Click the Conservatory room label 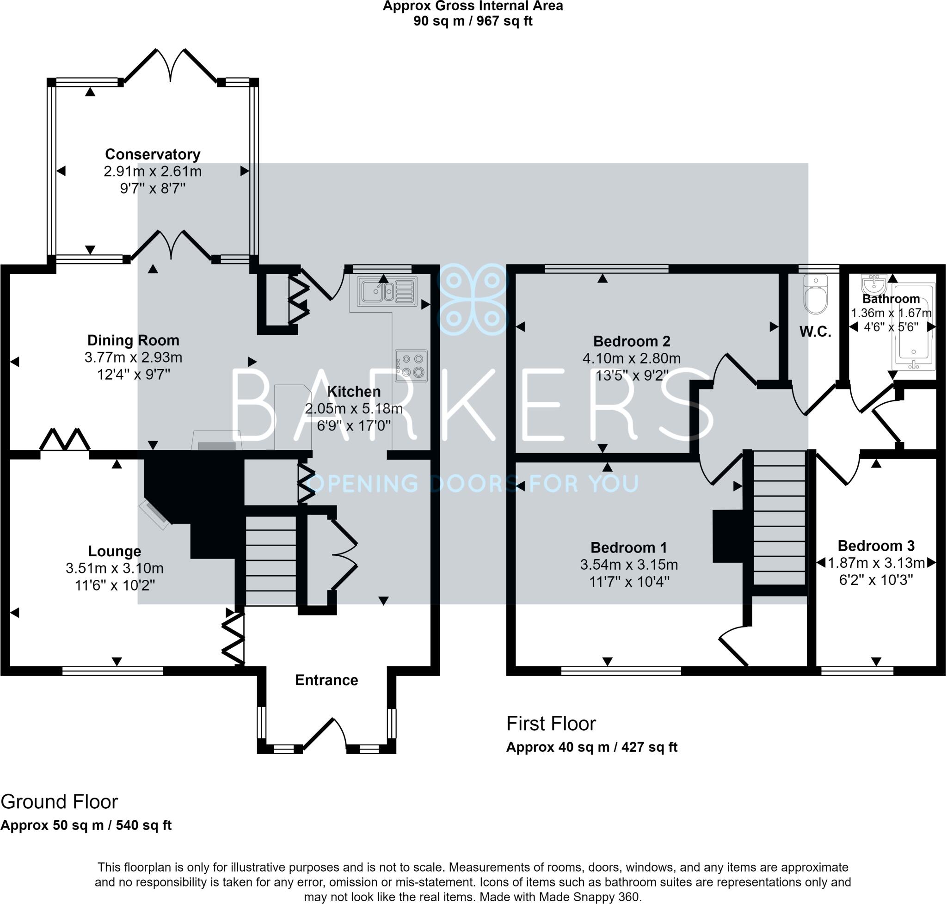(152, 154)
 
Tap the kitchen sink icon (387, 291)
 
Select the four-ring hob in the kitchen (411, 365)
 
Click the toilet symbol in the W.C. (815, 295)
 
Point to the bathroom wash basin (874, 283)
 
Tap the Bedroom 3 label (876, 546)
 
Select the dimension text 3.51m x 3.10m (115, 568)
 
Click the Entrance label (326, 680)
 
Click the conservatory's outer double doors (171, 66)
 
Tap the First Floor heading (551, 723)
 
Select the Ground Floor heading (59, 801)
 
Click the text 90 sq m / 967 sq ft (472, 21)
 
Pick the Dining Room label (133, 340)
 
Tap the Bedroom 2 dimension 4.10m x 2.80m (631, 358)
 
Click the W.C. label (815, 332)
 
